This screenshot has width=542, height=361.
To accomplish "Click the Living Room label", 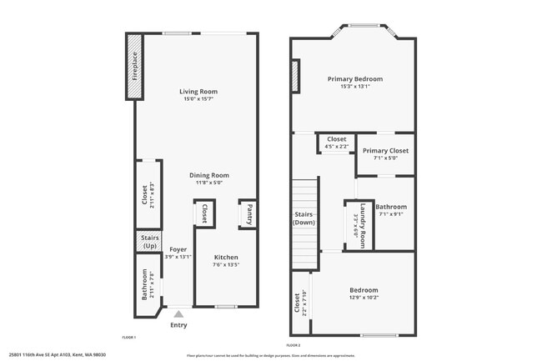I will [x=198, y=92].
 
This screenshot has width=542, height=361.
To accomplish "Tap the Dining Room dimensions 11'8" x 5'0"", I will [x=198, y=183].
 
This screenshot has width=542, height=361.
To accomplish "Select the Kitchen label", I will [x=226, y=258].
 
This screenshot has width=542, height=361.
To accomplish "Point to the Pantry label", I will [x=248, y=214].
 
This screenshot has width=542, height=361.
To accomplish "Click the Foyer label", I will [x=178, y=249].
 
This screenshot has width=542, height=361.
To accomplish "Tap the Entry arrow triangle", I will [x=178, y=314].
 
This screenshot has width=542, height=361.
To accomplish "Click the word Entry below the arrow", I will [x=178, y=325].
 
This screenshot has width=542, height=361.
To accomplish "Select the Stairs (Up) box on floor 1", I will [x=149, y=242].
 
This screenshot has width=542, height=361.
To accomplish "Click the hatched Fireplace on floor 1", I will [x=134, y=66].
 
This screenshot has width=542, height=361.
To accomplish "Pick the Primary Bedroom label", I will [x=355, y=79].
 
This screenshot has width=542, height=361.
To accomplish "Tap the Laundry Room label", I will [x=359, y=224].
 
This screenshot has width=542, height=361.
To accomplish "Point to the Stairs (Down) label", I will [x=304, y=218].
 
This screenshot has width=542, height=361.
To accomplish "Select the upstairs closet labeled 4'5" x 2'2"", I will [x=337, y=143].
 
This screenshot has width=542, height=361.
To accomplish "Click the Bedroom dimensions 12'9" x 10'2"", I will [x=364, y=297].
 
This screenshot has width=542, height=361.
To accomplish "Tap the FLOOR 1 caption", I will [x=128, y=337].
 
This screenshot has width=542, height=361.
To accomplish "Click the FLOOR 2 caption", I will [x=293, y=344].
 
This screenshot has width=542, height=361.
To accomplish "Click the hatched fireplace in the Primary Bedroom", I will [x=295, y=76].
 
